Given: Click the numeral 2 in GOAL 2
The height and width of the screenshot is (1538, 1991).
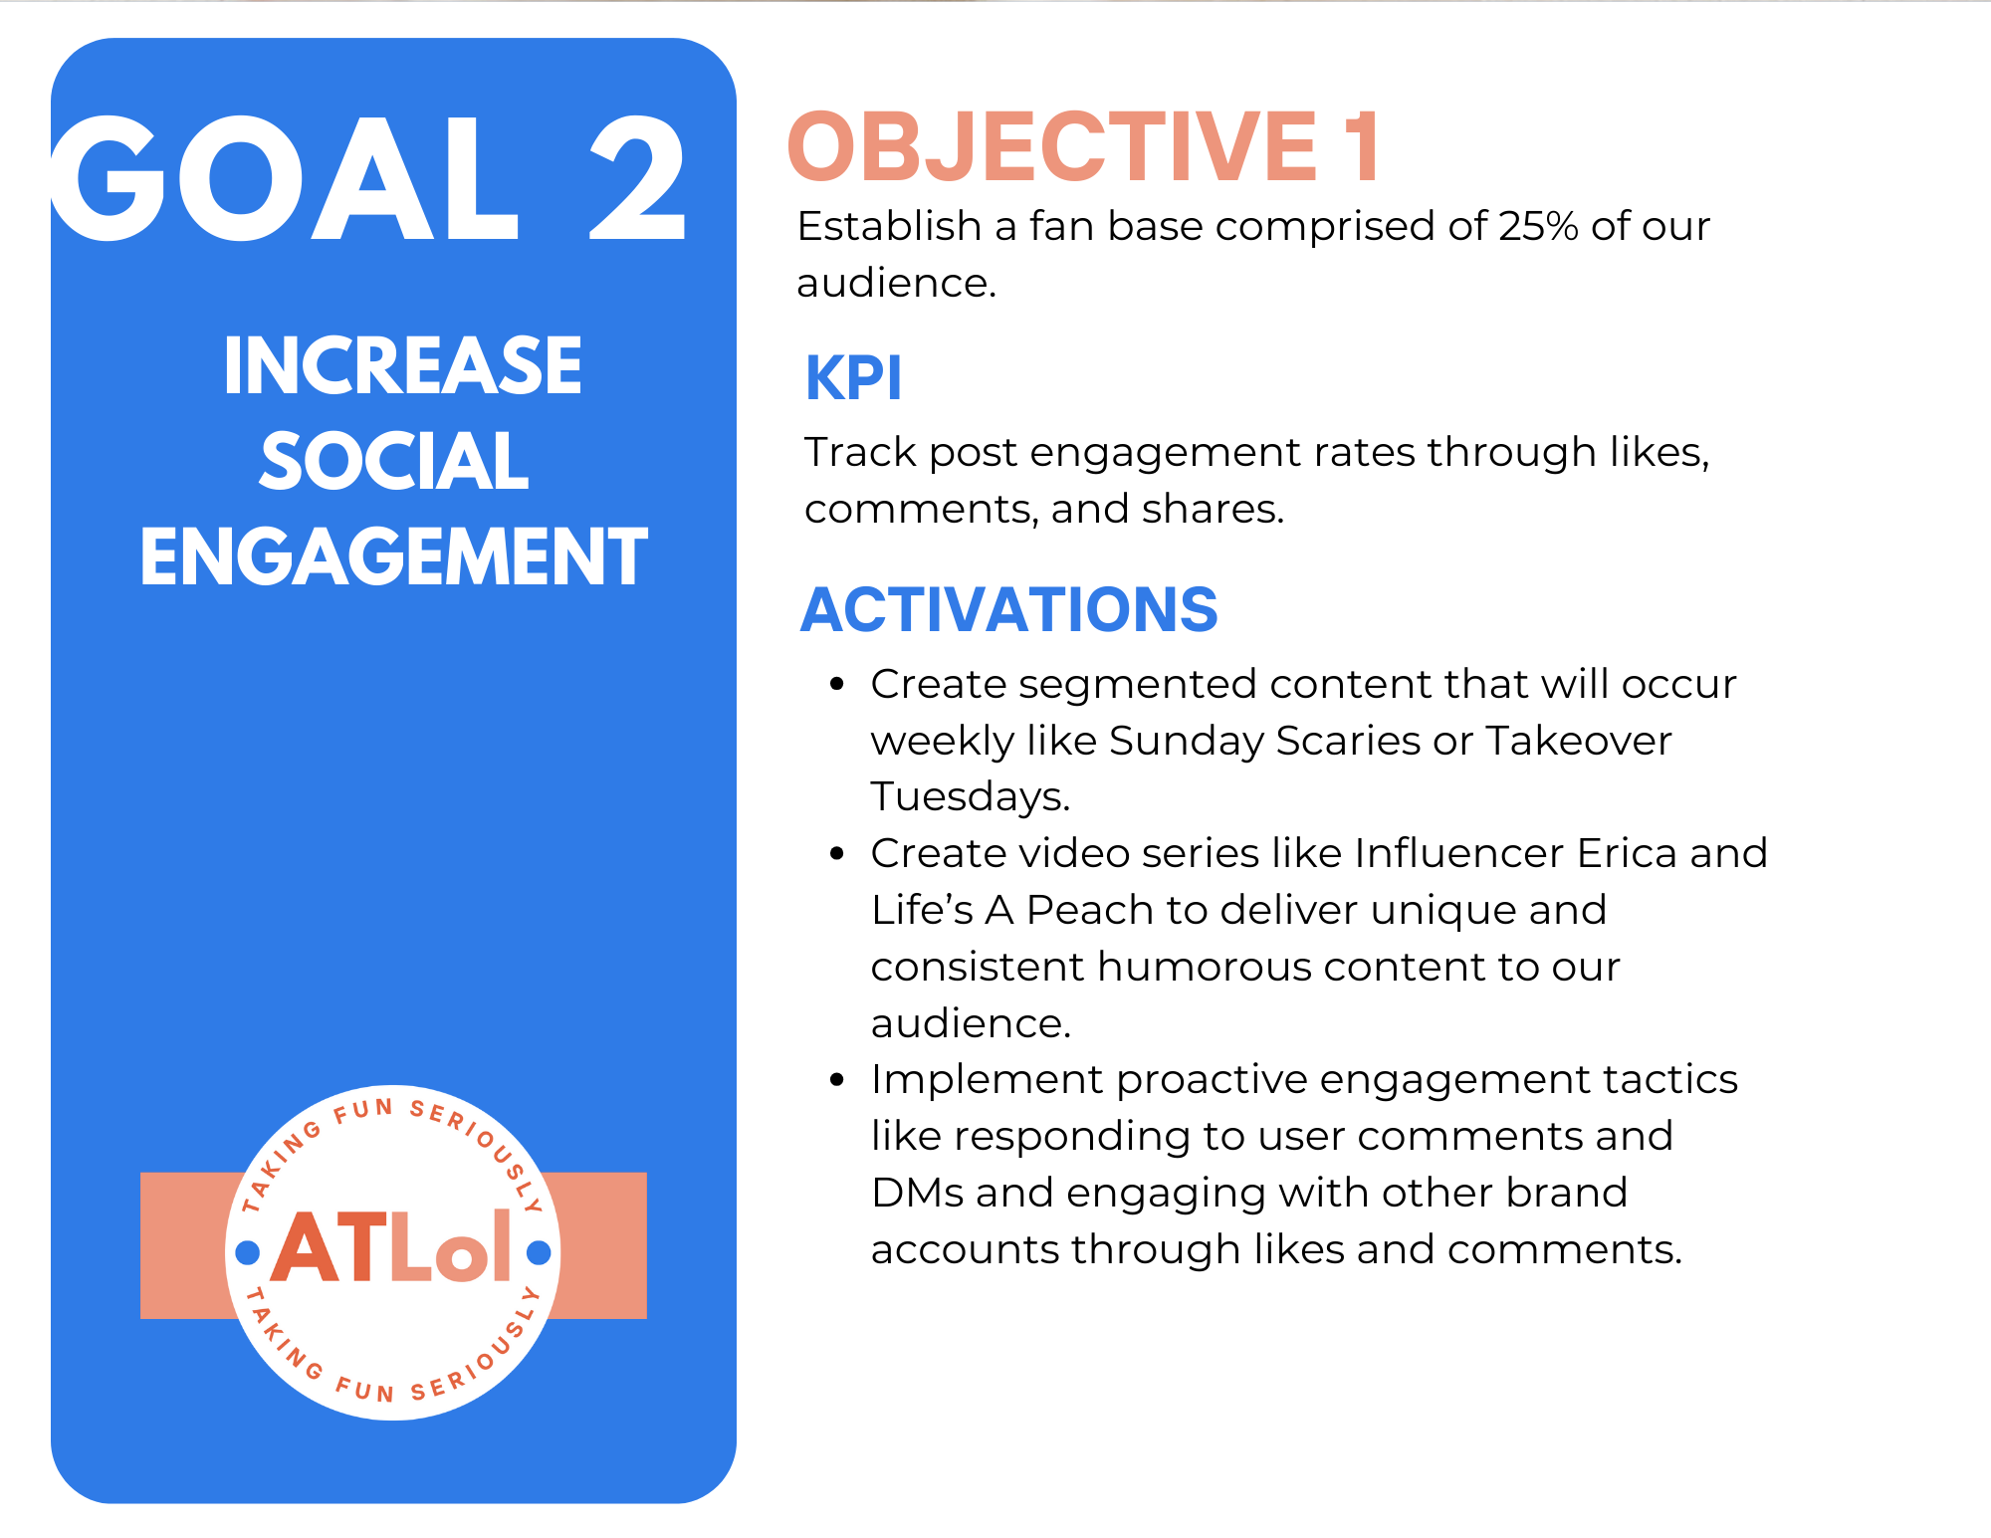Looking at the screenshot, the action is click(x=638, y=178).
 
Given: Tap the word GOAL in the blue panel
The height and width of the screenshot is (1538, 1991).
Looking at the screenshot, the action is click(x=284, y=178).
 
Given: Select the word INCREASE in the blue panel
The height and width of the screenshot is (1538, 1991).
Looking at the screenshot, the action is click(x=402, y=365).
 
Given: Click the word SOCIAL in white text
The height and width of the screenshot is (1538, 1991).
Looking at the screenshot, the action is click(x=394, y=461).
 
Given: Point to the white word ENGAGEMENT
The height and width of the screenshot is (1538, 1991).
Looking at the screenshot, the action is click(x=394, y=556).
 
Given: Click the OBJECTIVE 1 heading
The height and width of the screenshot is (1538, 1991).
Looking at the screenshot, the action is click(x=1083, y=147).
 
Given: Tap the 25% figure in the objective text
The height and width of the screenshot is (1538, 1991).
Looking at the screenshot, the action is click(x=1538, y=226).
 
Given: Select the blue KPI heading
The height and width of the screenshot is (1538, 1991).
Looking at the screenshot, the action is click(x=853, y=378).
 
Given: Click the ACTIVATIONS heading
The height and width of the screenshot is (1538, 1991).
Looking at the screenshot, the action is click(x=1009, y=609).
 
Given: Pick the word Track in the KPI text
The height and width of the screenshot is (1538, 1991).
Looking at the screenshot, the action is click(x=860, y=452).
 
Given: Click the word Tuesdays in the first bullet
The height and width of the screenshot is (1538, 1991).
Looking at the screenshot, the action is click(x=971, y=797).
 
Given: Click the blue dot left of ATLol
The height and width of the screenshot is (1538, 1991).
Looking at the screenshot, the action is click(x=248, y=1252).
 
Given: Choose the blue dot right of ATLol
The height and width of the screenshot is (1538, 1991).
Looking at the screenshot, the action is click(x=539, y=1252).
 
